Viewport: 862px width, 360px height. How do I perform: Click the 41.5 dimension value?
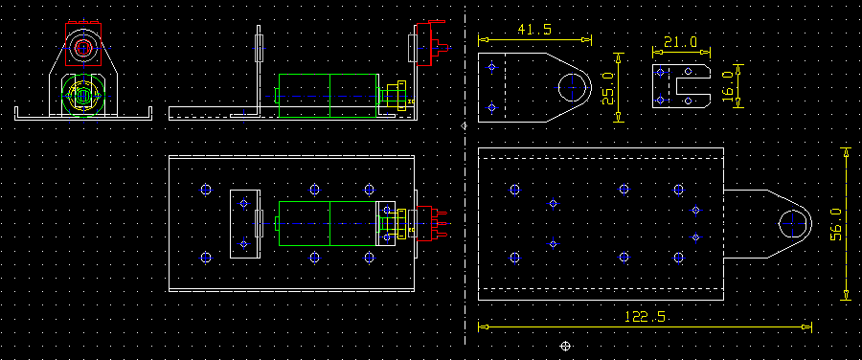point(534,30)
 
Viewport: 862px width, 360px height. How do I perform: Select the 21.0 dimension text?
point(681,42)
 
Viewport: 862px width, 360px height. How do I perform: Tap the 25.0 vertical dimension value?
point(607,88)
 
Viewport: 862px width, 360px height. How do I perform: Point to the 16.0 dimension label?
point(728,85)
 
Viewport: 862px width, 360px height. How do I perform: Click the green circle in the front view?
point(62,96)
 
